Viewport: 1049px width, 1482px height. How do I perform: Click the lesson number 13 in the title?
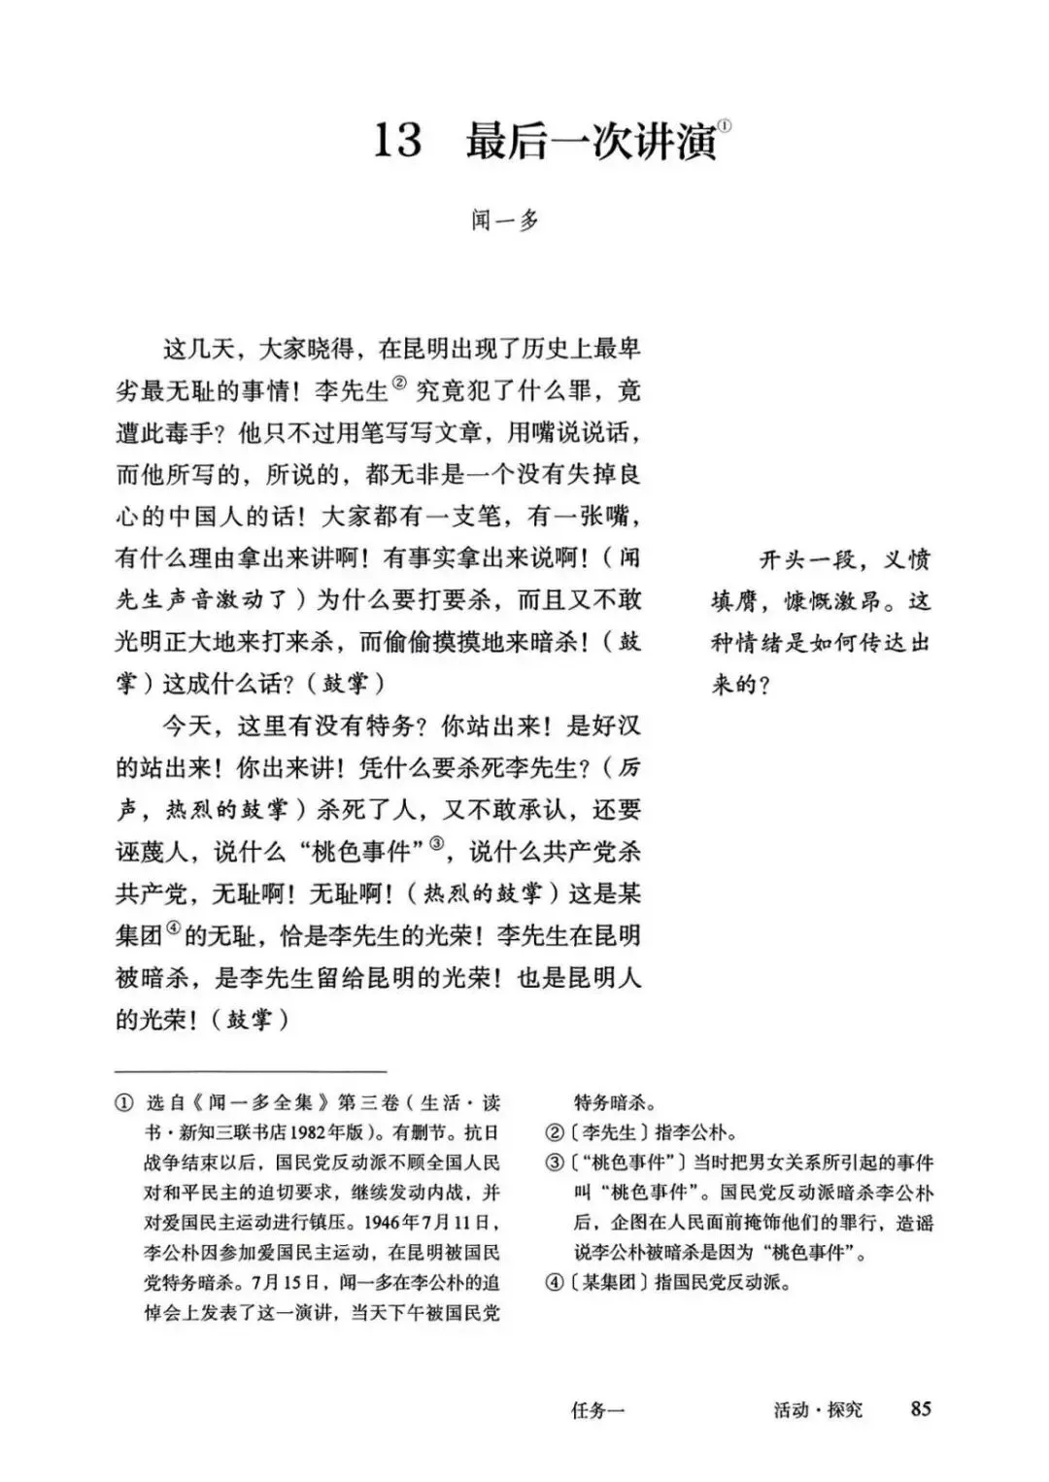(x=397, y=142)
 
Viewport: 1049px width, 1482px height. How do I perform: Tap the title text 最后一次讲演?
(x=591, y=142)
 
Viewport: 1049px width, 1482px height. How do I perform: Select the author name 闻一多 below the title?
(x=505, y=221)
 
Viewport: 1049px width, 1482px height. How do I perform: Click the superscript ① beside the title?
(x=726, y=125)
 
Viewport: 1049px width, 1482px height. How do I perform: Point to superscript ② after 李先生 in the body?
(x=401, y=386)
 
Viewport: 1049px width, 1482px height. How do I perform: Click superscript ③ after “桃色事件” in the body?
(x=436, y=844)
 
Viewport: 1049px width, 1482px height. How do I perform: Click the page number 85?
(x=921, y=1408)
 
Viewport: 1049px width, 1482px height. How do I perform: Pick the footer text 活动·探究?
(x=818, y=1409)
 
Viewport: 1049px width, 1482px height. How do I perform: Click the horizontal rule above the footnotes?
(x=251, y=1070)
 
